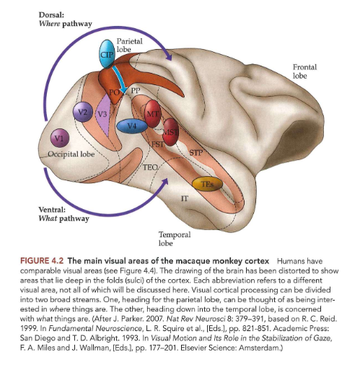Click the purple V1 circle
pyautogui.click(x=57, y=137)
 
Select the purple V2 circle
pyautogui.click(x=85, y=110)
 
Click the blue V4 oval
pyautogui.click(x=131, y=126)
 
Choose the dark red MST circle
pyautogui.click(x=170, y=136)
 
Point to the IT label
pyautogui.click(x=184, y=196)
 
